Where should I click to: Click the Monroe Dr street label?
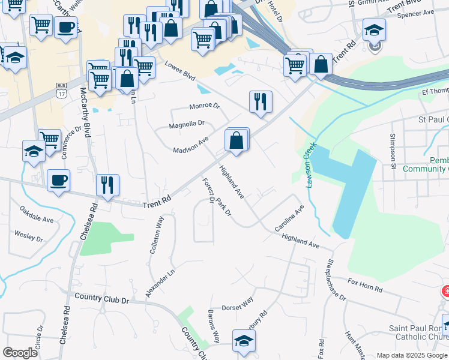click(205, 106)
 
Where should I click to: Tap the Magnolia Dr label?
click(187, 124)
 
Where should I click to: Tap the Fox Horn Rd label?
click(365, 285)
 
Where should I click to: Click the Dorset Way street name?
click(239, 304)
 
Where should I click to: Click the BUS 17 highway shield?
click(61, 91)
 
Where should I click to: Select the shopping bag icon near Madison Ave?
click(237, 141)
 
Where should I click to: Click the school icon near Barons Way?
click(243, 340)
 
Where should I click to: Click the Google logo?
click(20, 353)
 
